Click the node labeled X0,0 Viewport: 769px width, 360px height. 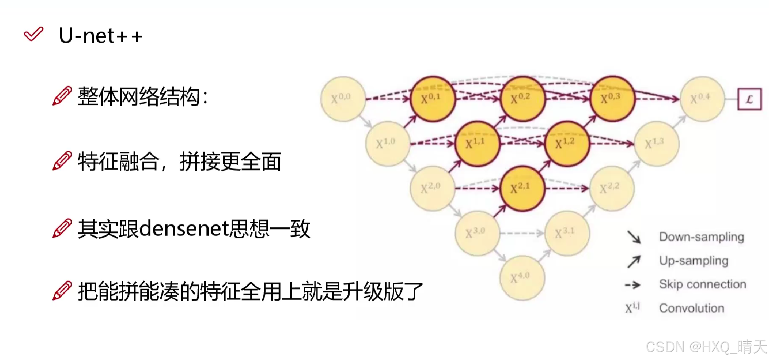point(343,99)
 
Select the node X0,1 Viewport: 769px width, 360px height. point(433,99)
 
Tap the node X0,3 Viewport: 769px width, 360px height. point(612,99)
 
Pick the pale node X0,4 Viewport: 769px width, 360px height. point(702,99)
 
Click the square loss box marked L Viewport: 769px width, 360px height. point(749,99)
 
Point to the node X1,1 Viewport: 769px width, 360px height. point(477,144)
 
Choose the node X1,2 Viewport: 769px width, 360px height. point(567,144)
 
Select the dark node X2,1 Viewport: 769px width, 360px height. point(522,188)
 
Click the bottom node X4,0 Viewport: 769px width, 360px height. point(522,278)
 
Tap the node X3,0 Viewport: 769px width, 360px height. point(477,233)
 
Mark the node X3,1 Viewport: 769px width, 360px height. point(567,233)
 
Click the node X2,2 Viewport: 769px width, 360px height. point(612,188)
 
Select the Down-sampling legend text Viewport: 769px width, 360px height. point(701,237)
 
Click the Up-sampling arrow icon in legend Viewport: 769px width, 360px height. point(634,262)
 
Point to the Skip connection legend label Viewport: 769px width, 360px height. point(702,284)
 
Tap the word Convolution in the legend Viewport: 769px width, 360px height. point(692,308)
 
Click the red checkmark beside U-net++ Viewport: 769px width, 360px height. point(34,34)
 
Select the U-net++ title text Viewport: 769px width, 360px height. point(100,36)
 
